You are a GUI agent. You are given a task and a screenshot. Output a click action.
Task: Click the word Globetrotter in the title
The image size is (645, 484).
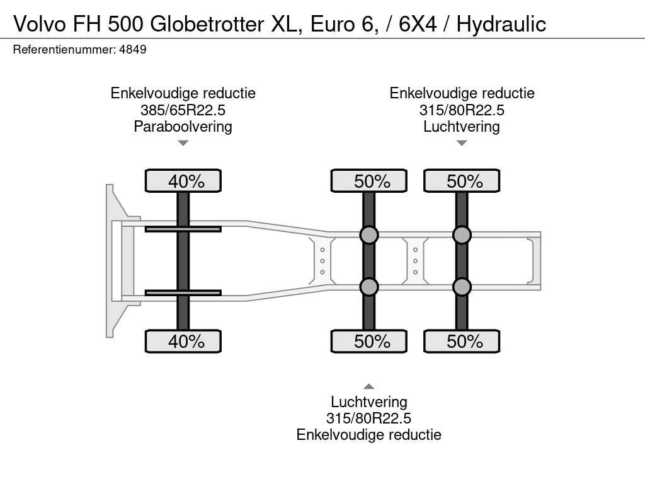point(207,24)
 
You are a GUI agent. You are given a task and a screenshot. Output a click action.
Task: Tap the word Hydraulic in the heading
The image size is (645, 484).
point(501,25)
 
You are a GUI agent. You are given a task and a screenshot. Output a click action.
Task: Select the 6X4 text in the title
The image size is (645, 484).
point(418,25)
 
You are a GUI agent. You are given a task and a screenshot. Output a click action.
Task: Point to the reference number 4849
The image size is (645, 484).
point(132,50)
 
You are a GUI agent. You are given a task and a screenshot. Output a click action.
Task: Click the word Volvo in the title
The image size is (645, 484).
point(40,25)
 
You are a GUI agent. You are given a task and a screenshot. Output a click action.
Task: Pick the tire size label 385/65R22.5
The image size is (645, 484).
point(183,110)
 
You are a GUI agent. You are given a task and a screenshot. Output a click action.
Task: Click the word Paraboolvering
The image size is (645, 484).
point(183,127)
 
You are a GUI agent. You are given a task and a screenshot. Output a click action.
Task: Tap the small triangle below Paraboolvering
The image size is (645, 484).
point(183,143)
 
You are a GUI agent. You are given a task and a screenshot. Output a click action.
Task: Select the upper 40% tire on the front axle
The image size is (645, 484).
point(183,181)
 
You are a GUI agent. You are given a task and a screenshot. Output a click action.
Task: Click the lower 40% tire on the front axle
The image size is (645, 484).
point(183,341)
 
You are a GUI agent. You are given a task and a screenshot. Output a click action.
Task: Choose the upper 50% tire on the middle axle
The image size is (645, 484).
point(369,181)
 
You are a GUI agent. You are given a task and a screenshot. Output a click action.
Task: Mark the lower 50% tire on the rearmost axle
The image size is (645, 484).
point(462,341)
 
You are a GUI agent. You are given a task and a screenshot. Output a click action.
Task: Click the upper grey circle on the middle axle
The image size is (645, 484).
point(369,235)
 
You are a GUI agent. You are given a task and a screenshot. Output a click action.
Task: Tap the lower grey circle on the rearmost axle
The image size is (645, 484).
point(462,287)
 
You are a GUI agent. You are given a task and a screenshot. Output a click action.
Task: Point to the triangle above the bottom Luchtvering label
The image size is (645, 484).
point(369,386)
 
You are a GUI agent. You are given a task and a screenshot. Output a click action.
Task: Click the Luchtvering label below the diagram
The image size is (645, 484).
point(369,401)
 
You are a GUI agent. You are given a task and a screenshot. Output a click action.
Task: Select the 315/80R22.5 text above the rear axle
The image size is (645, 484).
point(462,110)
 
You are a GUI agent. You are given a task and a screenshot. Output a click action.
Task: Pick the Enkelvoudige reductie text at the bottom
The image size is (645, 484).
point(369,435)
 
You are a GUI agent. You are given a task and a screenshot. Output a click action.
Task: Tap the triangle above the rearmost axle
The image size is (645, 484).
point(462,143)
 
